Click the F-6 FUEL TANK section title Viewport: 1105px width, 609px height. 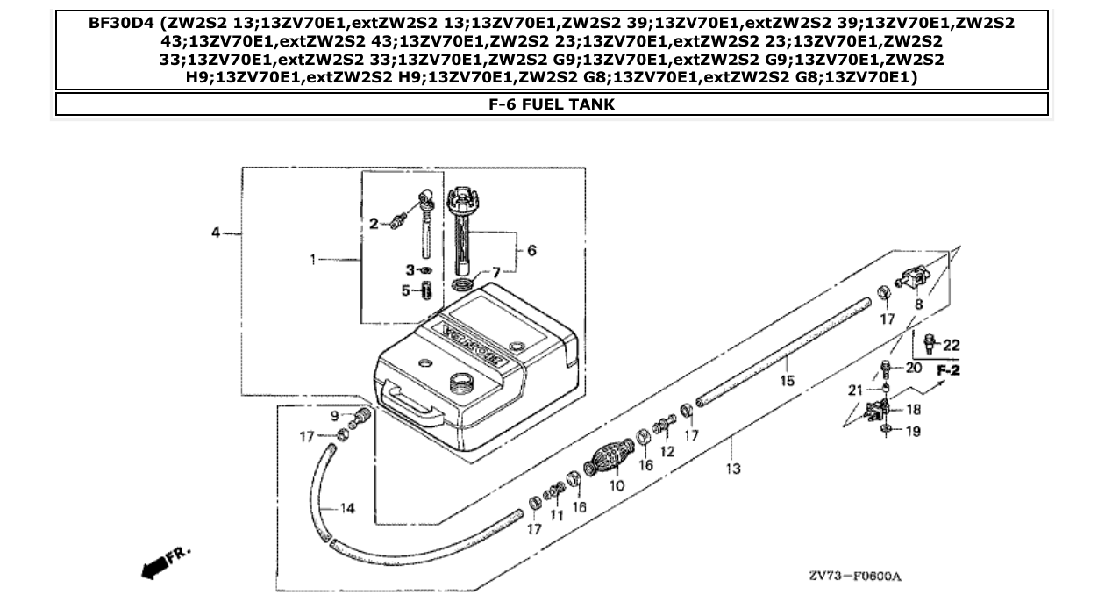point(552,104)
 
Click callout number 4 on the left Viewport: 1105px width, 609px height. point(216,233)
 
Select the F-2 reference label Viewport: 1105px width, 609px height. point(948,371)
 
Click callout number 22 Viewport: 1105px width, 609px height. point(952,345)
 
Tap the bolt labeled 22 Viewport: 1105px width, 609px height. point(928,340)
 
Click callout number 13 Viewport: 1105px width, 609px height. point(733,469)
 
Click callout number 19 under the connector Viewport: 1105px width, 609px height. point(912,432)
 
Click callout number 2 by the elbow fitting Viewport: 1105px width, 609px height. point(373,225)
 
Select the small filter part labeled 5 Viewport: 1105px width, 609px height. point(427,290)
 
